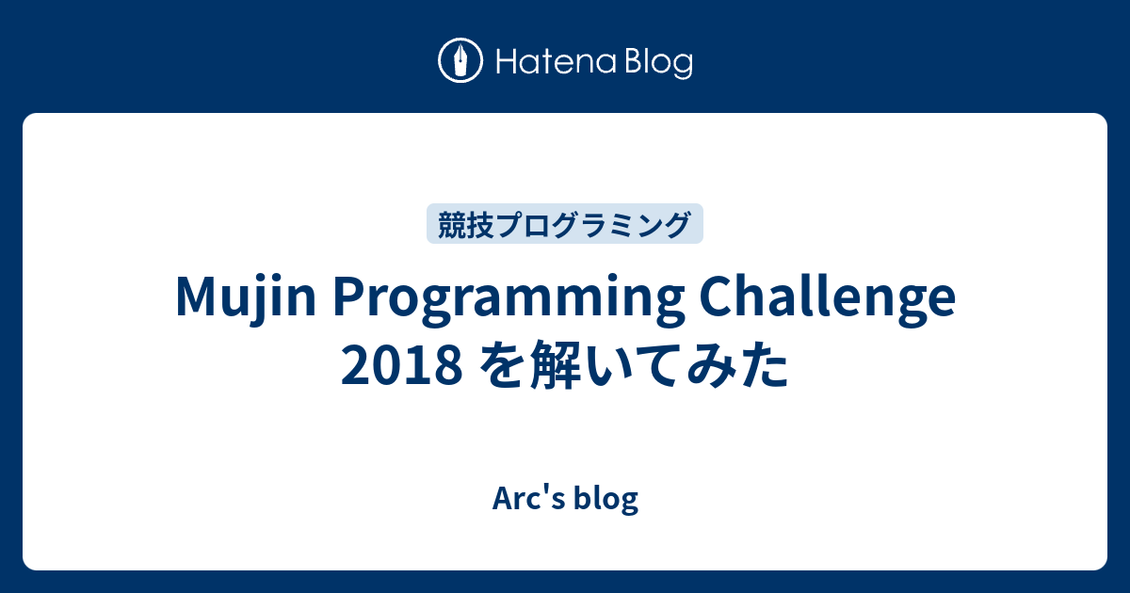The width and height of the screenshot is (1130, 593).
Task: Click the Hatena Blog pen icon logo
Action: [461, 62]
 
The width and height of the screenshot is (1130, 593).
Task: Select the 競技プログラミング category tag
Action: [565, 224]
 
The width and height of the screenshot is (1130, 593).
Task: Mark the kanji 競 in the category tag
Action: [449, 224]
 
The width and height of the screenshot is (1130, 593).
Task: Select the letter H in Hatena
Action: [500, 63]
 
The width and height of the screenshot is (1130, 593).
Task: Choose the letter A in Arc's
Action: [500, 499]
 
